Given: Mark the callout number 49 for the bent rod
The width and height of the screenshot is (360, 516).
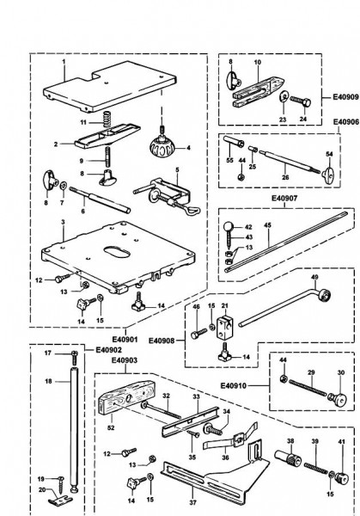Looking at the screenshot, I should coord(314,302).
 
